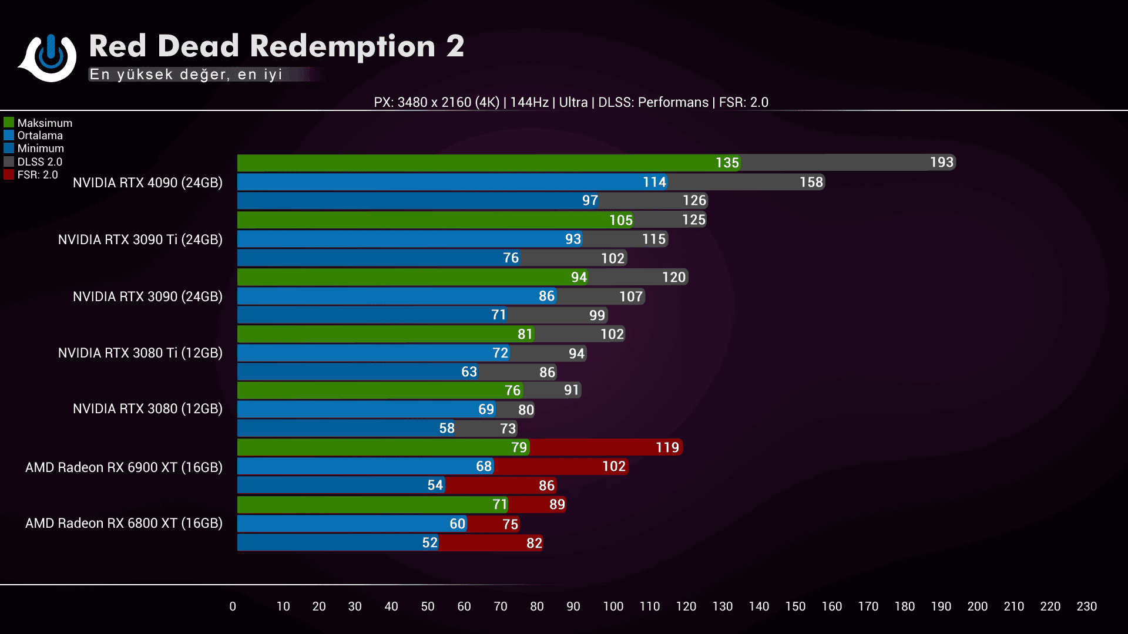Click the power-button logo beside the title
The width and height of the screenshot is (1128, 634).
[x=51, y=57]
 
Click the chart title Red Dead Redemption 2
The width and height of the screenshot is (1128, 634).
[x=276, y=46]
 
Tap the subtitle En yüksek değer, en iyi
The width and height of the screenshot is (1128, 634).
[x=186, y=75]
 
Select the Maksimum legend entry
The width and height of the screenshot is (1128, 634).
[x=39, y=123]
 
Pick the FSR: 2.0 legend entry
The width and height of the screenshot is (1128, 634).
[x=32, y=174]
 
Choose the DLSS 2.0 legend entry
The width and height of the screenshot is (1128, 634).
[x=33, y=161]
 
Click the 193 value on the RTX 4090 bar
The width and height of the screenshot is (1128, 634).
[x=941, y=163]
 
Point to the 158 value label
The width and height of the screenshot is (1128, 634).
[x=811, y=183]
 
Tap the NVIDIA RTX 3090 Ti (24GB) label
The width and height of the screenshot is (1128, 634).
[x=140, y=240]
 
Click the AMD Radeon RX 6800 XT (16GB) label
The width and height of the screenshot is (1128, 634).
[x=123, y=523]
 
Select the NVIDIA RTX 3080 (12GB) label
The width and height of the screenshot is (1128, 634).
[x=147, y=409]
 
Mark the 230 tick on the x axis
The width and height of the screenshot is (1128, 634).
[x=1086, y=606]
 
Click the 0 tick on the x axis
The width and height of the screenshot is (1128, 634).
[x=233, y=606]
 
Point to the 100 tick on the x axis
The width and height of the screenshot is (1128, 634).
[x=613, y=606]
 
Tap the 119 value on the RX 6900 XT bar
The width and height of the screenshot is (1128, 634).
[x=667, y=448]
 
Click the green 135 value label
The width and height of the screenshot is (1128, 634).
[x=727, y=163]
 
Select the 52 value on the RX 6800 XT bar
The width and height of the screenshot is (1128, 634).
[x=429, y=543]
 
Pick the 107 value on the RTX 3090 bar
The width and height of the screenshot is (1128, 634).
[x=630, y=296]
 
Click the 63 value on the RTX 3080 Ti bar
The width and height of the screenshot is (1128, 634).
[x=469, y=372]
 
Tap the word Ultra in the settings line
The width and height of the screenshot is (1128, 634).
[x=573, y=102]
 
